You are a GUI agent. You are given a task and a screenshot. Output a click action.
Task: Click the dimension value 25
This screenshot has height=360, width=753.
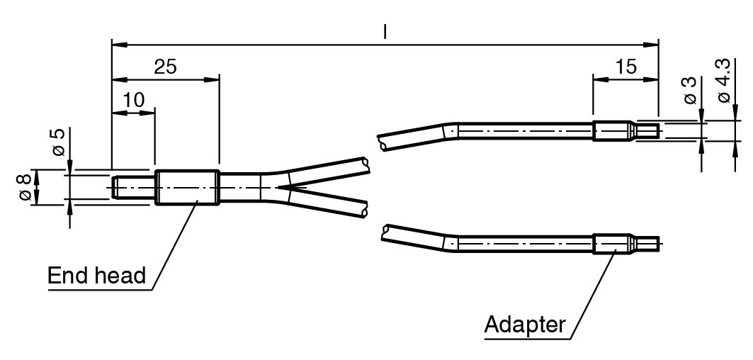[x=165, y=67]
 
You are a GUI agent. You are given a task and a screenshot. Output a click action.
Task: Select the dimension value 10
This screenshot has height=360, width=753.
[x=133, y=100]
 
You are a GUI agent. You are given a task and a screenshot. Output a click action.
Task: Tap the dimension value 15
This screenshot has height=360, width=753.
[x=625, y=67]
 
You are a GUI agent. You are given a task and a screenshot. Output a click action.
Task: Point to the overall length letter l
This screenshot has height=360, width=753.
[x=385, y=32]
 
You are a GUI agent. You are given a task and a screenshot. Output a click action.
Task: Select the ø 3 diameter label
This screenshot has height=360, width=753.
[x=689, y=91]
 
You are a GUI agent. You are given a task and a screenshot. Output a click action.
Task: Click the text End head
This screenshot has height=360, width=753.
[x=96, y=276]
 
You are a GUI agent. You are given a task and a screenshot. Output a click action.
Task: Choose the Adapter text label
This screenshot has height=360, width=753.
[x=525, y=325]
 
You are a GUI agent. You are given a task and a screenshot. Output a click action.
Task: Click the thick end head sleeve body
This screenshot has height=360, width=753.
[x=187, y=188]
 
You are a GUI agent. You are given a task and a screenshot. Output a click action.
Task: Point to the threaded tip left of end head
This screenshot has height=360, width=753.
[x=133, y=188]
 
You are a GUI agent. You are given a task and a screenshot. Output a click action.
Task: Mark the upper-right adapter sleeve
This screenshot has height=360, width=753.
[x=612, y=130]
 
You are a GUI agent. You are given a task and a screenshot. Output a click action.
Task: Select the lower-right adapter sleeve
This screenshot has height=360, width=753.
[x=612, y=244]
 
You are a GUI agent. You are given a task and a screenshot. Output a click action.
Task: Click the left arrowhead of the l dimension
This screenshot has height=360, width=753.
[x=119, y=45]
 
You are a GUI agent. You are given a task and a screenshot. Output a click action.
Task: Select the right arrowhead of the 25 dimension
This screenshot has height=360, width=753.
[x=212, y=79]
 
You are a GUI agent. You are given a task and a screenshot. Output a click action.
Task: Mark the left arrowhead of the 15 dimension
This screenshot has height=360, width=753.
[x=600, y=79]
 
